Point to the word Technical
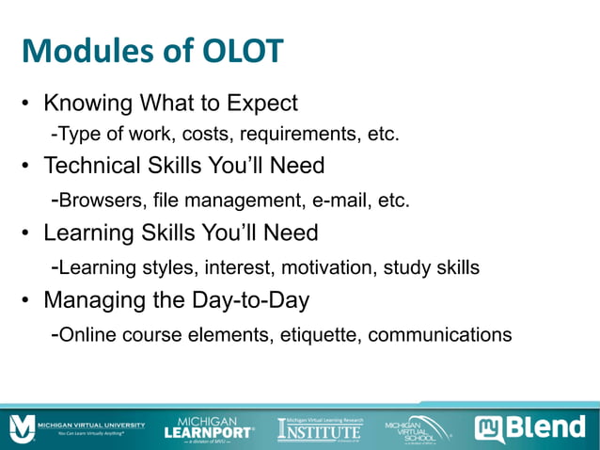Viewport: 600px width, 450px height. (104, 167)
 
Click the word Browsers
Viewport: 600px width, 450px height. (99, 201)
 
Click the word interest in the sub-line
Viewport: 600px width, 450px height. (234, 267)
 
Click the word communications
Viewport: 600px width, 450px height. (443, 334)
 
